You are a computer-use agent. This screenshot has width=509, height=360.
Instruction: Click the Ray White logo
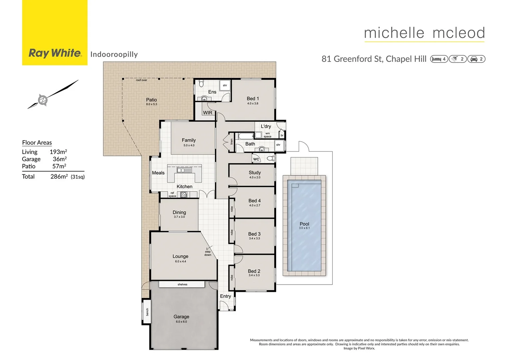click(x=55, y=53)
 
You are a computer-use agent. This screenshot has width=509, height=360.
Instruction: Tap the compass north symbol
click(x=43, y=100)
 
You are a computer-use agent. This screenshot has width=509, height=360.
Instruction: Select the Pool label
click(x=304, y=224)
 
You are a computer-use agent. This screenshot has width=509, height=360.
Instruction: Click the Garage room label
click(x=181, y=317)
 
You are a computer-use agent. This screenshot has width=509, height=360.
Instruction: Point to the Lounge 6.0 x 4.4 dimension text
click(x=181, y=261)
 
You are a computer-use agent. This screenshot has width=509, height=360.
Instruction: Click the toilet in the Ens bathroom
click(x=201, y=84)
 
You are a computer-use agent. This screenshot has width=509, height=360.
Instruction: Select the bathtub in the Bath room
click(x=246, y=136)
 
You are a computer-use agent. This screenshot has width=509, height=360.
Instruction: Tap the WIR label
click(x=208, y=113)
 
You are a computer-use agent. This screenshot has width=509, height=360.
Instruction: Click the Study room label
click(x=254, y=173)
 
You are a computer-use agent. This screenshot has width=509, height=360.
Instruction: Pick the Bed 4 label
click(x=254, y=201)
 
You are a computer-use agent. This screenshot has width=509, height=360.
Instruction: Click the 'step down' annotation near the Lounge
click(x=208, y=253)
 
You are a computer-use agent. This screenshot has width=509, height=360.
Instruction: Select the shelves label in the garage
click(x=182, y=284)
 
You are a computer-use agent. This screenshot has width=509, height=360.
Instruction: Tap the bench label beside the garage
click(x=147, y=312)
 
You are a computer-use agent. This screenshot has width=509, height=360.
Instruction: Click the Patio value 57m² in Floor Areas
click(x=59, y=166)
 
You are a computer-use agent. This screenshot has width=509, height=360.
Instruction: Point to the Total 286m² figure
click(x=59, y=176)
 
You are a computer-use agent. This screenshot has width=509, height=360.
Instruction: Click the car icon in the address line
click(x=474, y=59)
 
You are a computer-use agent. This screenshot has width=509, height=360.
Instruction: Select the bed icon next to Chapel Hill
click(x=436, y=59)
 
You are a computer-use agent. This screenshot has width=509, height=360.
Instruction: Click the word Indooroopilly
click(x=114, y=54)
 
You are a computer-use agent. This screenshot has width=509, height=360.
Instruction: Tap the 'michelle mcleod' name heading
click(x=424, y=33)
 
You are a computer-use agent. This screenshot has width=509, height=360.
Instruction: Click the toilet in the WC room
click(x=271, y=158)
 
